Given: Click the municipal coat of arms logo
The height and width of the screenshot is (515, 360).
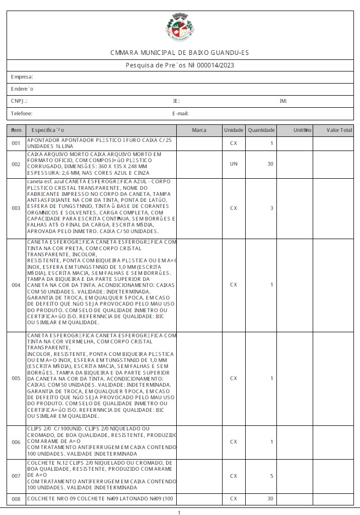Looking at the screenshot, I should coord(179,28).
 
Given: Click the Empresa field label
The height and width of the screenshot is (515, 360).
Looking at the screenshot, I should coord(22,77).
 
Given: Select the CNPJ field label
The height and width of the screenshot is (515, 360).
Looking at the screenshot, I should coord(20,101).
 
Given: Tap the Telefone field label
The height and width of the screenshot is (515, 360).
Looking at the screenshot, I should coord(22,114).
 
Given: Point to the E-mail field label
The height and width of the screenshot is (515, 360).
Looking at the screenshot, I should coord(180,114).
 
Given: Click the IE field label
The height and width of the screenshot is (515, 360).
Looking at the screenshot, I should coord(176,101).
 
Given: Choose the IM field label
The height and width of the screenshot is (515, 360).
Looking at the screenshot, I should coord(283,101).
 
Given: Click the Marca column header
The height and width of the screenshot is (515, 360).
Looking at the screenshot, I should coord(199,130).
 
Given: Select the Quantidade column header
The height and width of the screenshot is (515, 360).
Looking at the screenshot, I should coord(261,130).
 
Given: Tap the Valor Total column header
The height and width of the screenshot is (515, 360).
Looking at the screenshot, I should coord(339,130).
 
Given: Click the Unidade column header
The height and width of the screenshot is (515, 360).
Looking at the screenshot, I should coord(234,130).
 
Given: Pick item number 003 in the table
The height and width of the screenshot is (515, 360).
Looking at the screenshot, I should coord(16,208).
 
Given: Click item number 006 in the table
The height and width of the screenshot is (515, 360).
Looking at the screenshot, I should coord(16,442).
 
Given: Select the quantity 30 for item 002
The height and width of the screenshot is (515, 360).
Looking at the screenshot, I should coord(270,164).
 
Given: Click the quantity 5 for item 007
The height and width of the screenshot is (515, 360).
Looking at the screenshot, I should coord(271,476).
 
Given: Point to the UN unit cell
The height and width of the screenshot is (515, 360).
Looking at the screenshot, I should coord(234,164).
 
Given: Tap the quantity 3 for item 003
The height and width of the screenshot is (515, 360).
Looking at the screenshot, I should coord(271,208).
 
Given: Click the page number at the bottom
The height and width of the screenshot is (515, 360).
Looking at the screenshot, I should coord(179,512).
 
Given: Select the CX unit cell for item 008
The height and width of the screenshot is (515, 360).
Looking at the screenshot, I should coord(234,499).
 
